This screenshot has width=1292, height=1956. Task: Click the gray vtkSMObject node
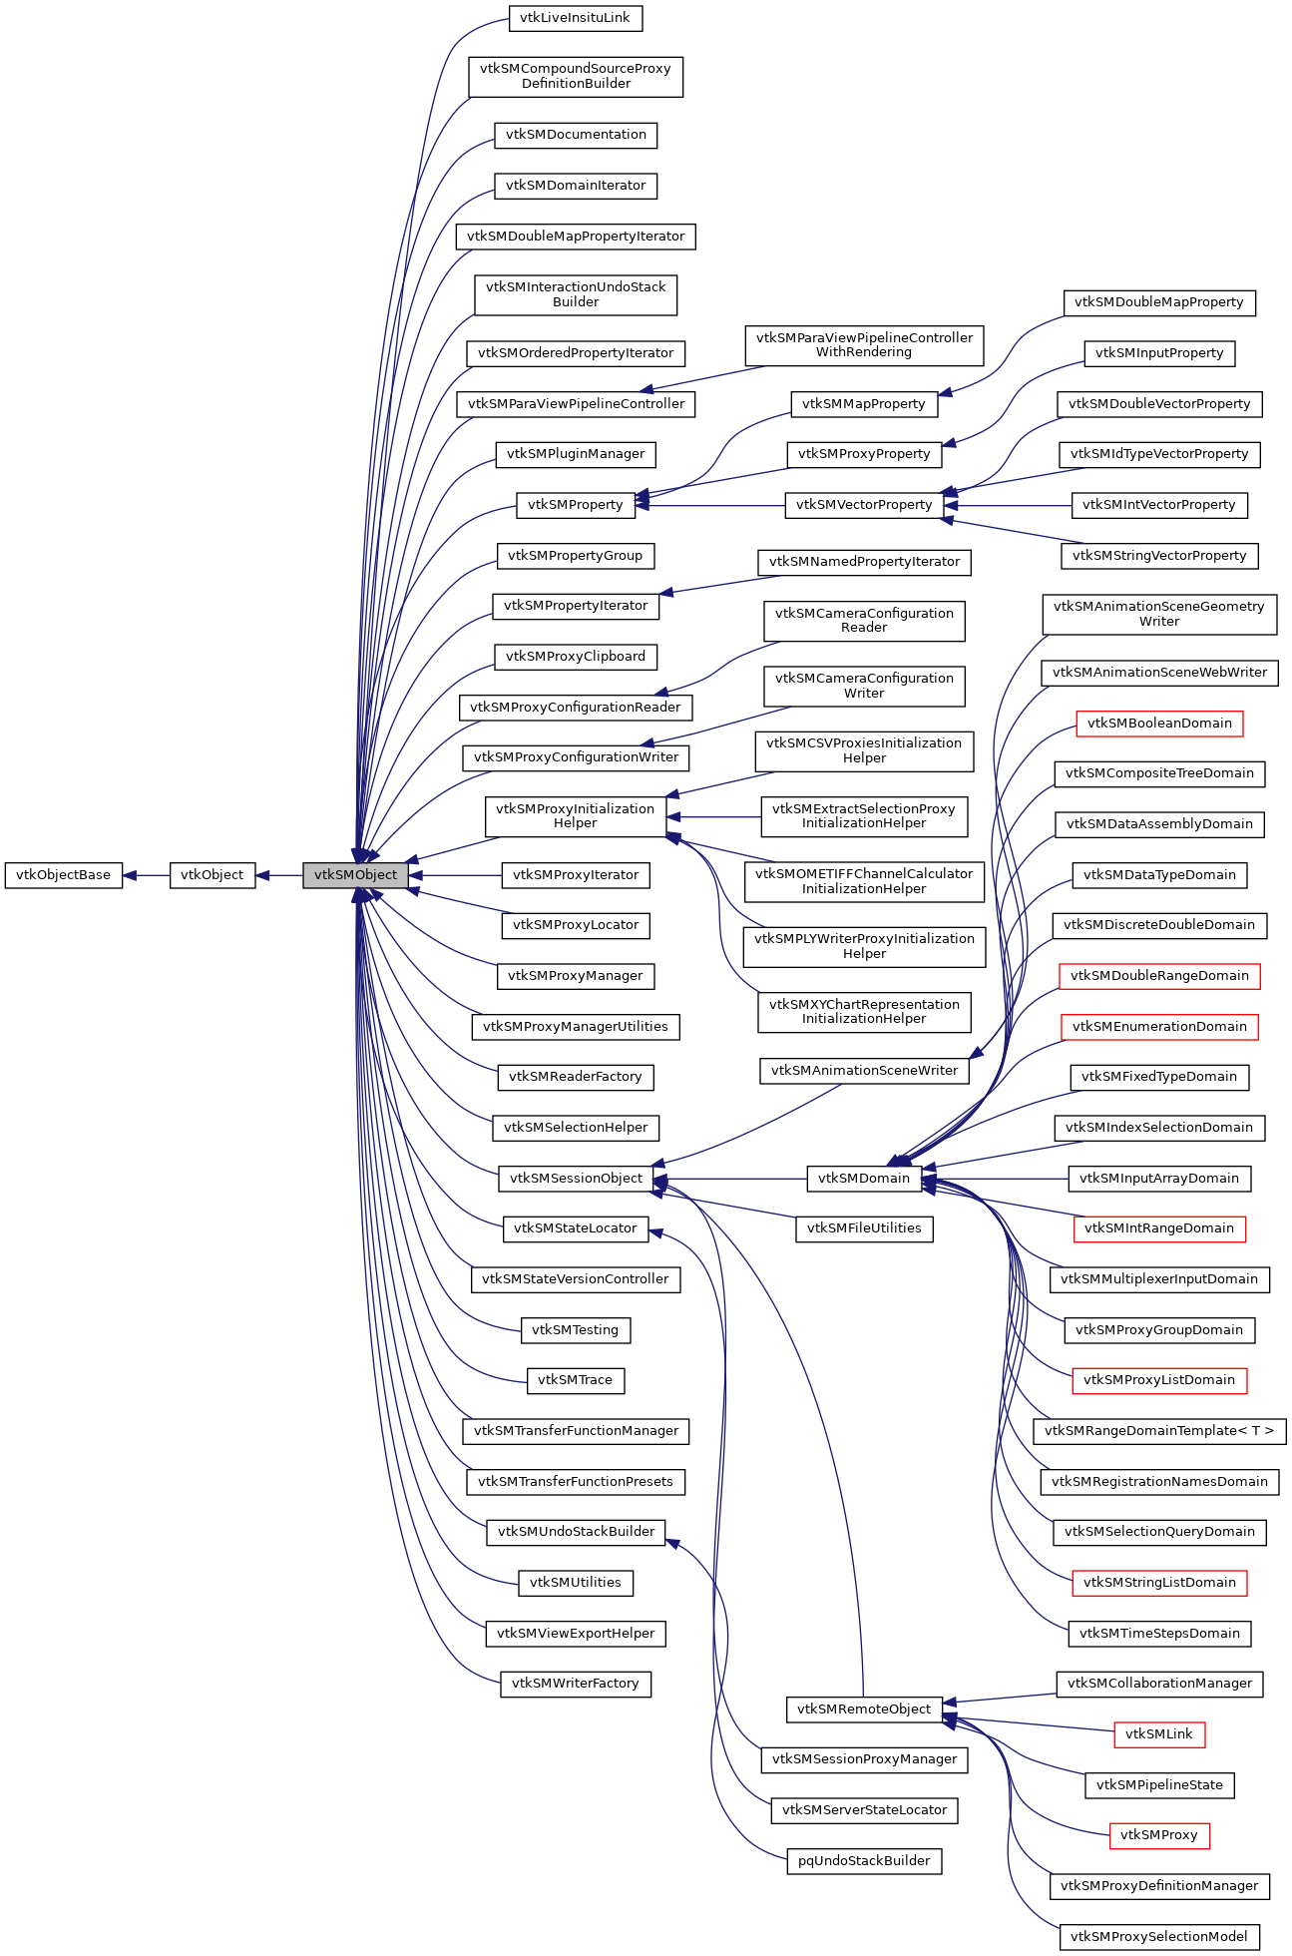[355, 875]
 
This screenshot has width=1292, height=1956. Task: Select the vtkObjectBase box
[64, 875]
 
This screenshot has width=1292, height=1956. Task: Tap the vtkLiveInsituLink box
[575, 18]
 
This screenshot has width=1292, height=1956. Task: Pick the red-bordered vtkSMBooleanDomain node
[1159, 724]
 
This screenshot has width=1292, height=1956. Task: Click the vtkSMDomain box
[864, 1179]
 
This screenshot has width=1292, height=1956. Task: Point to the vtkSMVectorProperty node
[864, 505]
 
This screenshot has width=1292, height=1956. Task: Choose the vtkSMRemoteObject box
[864, 1710]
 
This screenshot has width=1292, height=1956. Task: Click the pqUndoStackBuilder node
[864, 1861]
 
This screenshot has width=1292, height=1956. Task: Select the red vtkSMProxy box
[1159, 1835]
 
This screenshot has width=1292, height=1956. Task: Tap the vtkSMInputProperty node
[1159, 353]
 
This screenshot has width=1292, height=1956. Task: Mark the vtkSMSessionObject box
[576, 1179]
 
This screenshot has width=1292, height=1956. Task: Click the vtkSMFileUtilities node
[864, 1228]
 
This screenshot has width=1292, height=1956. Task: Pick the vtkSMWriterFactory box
[575, 1684]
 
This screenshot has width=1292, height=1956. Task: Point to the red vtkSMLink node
[1159, 1734]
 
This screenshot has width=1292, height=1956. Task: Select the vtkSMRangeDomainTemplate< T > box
[1159, 1431]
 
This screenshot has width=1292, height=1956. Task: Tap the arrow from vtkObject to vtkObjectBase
[146, 875]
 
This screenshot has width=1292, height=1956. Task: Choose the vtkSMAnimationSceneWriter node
[864, 1071]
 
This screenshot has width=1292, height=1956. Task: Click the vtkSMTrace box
[575, 1380]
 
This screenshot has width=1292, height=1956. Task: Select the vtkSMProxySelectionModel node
[1159, 1937]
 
